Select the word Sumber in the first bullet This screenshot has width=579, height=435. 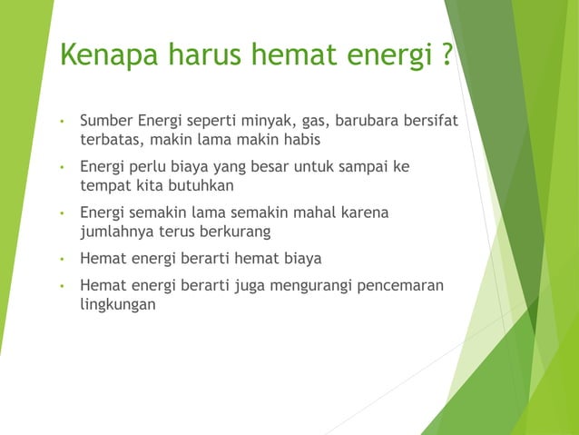coord(106,120)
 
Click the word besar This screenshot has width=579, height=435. coord(289,166)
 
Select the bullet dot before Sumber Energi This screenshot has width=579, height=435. coord(61,121)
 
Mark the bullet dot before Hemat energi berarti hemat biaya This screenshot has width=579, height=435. coord(61,259)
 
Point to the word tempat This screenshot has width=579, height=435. coord(105,187)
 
